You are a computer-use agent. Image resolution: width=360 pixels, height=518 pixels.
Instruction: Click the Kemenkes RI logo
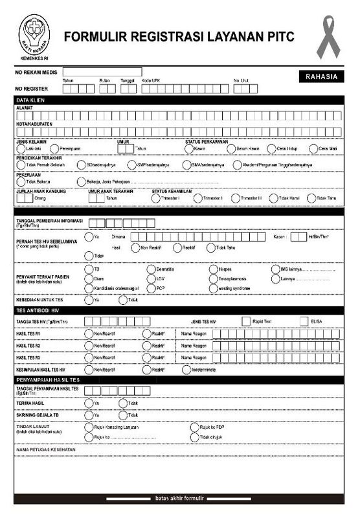pos(35,34)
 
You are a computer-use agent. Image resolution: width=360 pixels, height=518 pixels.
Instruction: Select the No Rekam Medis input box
pos(102,72)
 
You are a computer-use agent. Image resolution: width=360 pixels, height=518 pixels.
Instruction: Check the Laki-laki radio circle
pos(20,148)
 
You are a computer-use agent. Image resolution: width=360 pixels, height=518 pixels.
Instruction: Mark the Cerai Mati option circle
pos(311,148)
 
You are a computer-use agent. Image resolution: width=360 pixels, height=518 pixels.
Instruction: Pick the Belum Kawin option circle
pos(230,148)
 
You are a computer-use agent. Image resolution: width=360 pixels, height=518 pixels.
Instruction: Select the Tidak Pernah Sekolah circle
pos(20,164)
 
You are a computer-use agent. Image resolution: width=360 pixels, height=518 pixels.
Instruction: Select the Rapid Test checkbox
pos(245,321)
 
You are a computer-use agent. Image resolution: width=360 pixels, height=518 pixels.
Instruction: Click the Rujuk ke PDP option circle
pos(194,427)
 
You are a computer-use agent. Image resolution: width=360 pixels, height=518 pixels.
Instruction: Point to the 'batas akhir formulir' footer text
pos(179,499)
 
